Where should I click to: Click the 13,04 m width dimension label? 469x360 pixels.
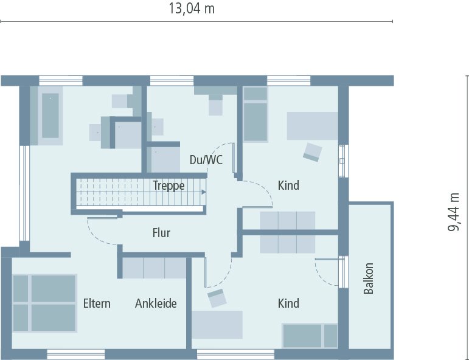tap(191, 9)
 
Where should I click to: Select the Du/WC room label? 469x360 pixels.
tap(206, 160)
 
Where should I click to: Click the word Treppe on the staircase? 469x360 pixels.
tap(168, 186)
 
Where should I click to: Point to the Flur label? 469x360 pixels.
tap(161, 233)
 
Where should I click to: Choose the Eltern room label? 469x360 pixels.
tap(97, 303)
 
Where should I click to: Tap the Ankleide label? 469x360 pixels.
tap(156, 303)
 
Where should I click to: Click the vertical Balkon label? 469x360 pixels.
tap(369, 279)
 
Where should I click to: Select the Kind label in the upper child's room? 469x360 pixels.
tap(288, 185)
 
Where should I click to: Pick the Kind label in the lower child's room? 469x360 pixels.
tap(288, 303)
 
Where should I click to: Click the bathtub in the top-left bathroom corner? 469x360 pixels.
tap(50, 116)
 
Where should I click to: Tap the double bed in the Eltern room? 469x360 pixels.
tap(44, 303)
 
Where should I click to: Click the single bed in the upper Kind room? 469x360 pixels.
tap(255, 114)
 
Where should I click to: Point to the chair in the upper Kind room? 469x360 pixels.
tap(313, 152)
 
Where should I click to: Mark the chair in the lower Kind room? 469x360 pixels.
tap(217, 298)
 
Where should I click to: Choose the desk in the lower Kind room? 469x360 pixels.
tap(218, 324)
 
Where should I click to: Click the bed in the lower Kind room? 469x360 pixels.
tap(309, 336)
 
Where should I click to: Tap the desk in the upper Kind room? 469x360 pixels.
tap(312, 126)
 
